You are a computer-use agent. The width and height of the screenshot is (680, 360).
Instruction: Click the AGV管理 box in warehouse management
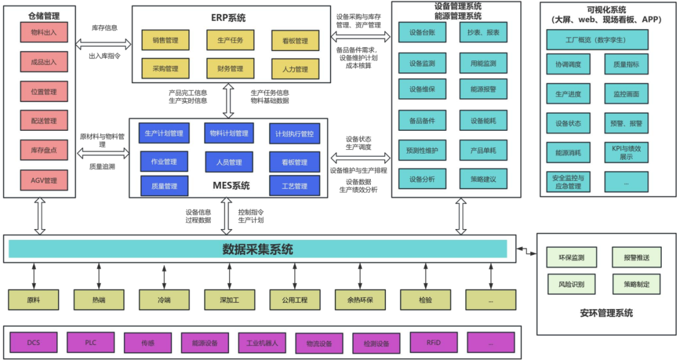coord(43,181)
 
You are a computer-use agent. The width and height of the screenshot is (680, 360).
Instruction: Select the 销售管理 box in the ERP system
coord(165,41)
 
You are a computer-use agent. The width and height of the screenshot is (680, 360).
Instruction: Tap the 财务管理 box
coord(230,69)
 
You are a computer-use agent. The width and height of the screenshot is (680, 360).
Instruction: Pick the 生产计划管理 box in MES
coord(164,133)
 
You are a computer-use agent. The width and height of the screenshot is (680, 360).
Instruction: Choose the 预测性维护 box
coord(422,151)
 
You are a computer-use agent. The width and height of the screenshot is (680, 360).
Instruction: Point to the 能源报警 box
coord(483,89)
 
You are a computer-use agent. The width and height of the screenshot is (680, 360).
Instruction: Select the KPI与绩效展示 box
coord(626,152)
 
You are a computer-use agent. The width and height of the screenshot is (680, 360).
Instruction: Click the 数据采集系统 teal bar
coord(258,249)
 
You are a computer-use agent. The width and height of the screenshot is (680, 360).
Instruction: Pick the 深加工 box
coord(229,300)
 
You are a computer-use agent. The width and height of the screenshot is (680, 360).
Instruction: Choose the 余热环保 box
coord(360,300)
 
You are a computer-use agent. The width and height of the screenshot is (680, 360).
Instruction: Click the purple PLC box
coord(91,342)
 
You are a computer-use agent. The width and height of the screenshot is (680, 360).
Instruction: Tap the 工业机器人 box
coord(262,344)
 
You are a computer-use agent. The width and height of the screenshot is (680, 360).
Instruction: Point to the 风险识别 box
coord(570,284)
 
